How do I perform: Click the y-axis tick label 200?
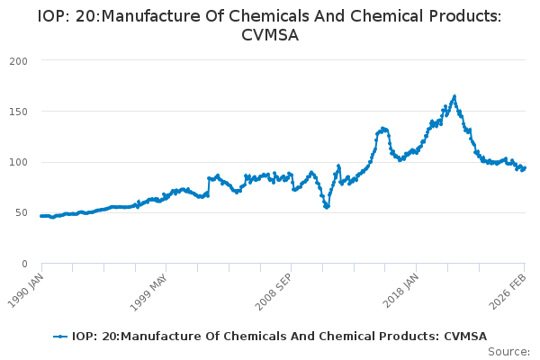pos(17,60)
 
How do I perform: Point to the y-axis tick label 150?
pos(17,112)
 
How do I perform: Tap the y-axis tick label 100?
pos(17,162)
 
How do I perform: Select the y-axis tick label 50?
pos(21,213)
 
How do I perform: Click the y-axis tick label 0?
pos(24,264)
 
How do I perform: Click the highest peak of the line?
pos(454,96)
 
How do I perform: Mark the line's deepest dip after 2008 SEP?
pos(327,207)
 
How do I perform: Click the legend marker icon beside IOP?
pos(60,337)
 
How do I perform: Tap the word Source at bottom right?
pos(508,351)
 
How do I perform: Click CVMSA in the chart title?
pos(270,35)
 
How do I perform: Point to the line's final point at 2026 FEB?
pos(525,168)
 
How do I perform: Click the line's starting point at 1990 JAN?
pos(41,216)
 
